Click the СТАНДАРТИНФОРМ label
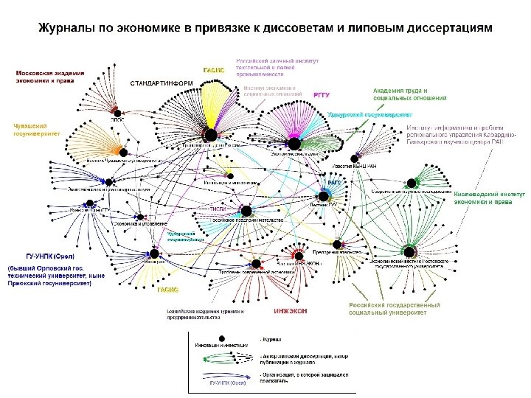coord(161,83)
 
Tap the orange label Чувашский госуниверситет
coord(36,130)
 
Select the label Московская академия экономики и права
coord(50,77)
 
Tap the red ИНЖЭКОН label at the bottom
coord(291,312)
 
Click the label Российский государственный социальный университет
coord(395,308)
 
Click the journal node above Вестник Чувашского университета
coord(124,152)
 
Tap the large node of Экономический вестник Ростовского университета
coord(411,251)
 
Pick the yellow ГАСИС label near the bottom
coord(168,290)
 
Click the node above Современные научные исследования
coord(410,183)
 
